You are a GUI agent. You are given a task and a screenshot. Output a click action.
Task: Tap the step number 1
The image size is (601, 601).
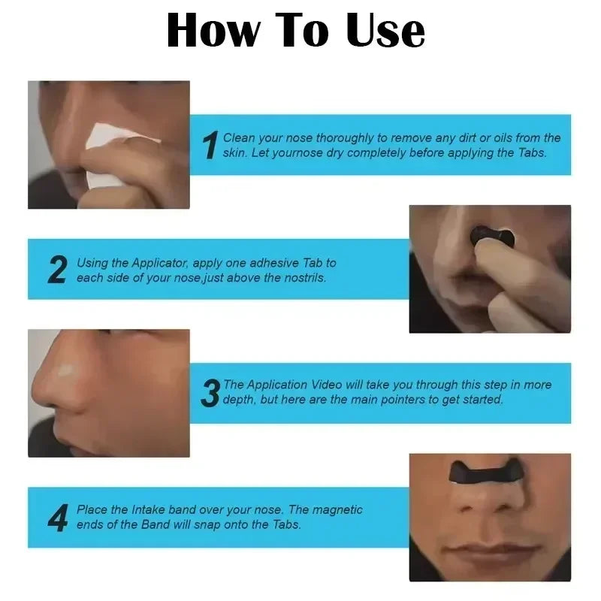tap(211, 146)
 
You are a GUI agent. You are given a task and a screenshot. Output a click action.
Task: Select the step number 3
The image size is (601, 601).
tap(211, 393)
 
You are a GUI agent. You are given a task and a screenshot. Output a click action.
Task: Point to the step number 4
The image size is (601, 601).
tap(58, 518)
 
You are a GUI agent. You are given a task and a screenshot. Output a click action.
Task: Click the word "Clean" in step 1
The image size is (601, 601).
tap(240, 138)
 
